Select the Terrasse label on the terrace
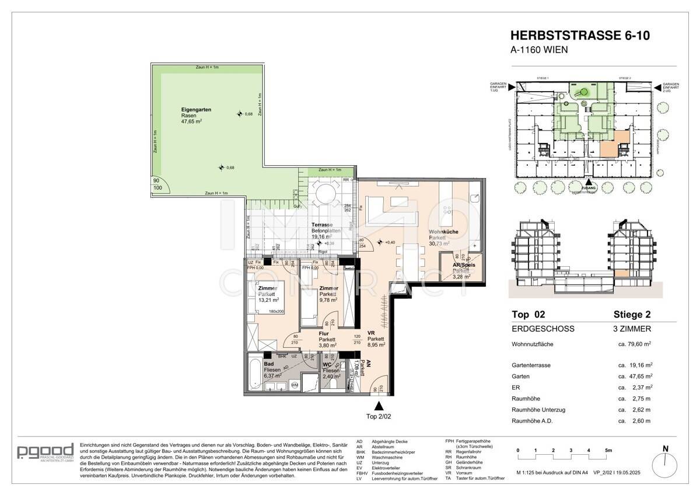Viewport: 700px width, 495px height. (x=322, y=225)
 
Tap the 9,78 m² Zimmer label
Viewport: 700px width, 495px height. (x=328, y=288)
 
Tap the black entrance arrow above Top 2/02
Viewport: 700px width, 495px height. (x=380, y=406)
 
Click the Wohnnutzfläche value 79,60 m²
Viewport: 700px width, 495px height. (x=635, y=344)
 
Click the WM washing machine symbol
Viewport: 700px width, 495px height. (x=295, y=385)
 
